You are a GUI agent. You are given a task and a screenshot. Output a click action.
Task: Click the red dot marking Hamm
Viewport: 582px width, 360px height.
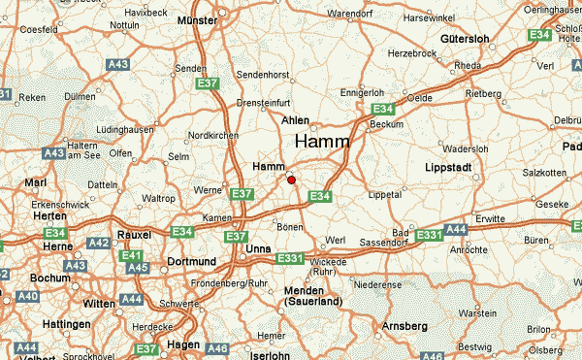(x=291, y=179)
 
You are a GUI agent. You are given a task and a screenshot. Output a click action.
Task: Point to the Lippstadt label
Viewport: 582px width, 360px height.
(x=448, y=168)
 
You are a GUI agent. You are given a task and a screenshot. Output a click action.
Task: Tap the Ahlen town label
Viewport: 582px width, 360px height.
(x=295, y=120)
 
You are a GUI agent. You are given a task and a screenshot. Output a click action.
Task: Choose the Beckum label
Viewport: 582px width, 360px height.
(x=387, y=124)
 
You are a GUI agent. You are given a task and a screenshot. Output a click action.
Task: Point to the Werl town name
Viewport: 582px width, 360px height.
(x=337, y=239)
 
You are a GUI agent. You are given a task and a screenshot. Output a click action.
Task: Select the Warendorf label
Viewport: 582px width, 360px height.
(x=355, y=15)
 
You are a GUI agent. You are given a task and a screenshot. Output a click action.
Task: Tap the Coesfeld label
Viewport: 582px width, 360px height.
(x=39, y=30)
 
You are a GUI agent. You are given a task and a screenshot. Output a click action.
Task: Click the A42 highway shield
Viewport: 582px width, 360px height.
(x=99, y=244)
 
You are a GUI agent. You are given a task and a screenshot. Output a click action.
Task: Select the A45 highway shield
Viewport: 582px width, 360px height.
(x=138, y=268)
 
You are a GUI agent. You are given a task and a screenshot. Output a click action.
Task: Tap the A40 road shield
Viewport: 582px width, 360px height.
(x=28, y=296)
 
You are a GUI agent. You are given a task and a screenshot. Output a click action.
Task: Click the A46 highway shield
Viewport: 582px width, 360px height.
(x=217, y=348)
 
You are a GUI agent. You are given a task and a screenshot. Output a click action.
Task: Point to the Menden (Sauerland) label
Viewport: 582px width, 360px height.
(x=311, y=296)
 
